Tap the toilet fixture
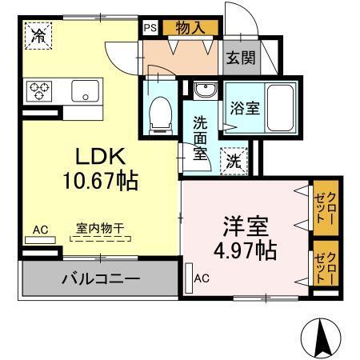pos(160,112)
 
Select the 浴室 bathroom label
pos(244,107)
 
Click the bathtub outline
pos(278,106)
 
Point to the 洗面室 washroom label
pos(200,137)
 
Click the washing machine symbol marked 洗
pos(232,160)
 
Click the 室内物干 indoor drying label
pos(100,227)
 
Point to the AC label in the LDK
pos(41,230)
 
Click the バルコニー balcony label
pos(101,280)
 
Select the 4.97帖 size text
pos(244,250)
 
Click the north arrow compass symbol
pos(322,338)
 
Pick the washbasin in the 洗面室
pos(202,90)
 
